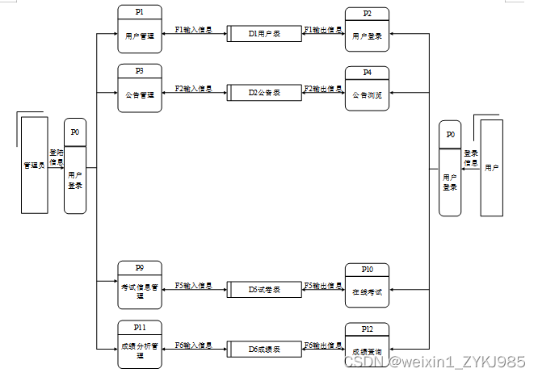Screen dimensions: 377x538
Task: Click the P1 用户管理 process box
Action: click(x=140, y=29)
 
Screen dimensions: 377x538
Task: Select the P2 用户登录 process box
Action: click(x=367, y=30)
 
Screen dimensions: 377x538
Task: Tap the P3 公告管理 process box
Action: click(x=140, y=87)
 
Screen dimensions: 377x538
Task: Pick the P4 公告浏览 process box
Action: click(x=367, y=89)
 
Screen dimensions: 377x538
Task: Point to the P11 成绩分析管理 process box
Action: click(x=140, y=344)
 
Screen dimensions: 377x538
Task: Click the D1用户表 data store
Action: click(x=264, y=33)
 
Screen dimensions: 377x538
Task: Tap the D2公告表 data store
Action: click(x=264, y=92)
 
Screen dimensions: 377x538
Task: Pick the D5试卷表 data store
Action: click(x=264, y=289)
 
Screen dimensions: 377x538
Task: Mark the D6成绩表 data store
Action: click(x=264, y=348)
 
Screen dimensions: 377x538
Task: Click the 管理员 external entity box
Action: click(x=34, y=165)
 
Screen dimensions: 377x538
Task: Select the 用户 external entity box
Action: click(x=491, y=167)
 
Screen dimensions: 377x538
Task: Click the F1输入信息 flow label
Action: click(x=194, y=30)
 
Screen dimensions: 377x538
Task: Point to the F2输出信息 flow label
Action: click(x=323, y=88)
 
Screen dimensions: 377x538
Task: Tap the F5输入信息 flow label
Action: click(x=194, y=285)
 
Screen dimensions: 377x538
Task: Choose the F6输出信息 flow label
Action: click(x=323, y=345)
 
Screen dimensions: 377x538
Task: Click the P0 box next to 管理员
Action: click(x=75, y=165)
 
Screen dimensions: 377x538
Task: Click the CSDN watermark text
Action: click(x=435, y=362)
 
